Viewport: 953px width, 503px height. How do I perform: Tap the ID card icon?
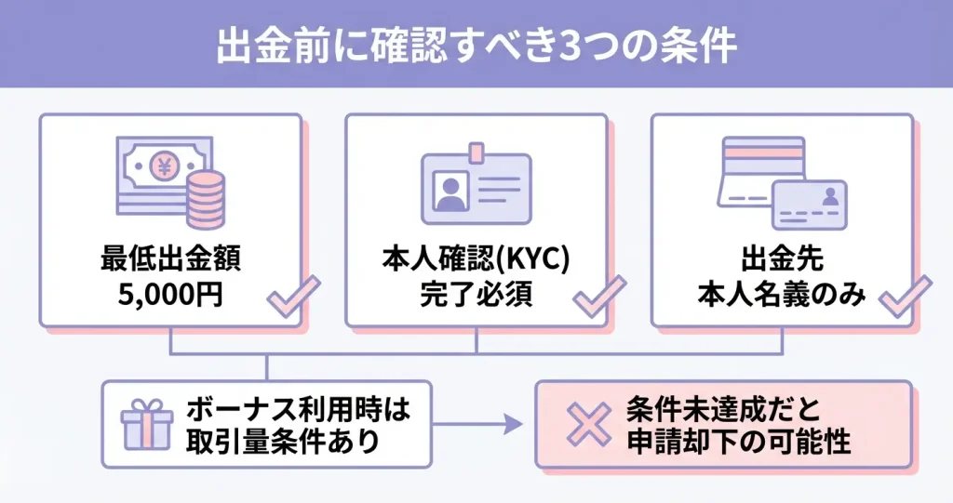[x=476, y=186]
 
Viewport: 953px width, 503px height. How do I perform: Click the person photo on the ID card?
[x=451, y=192]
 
